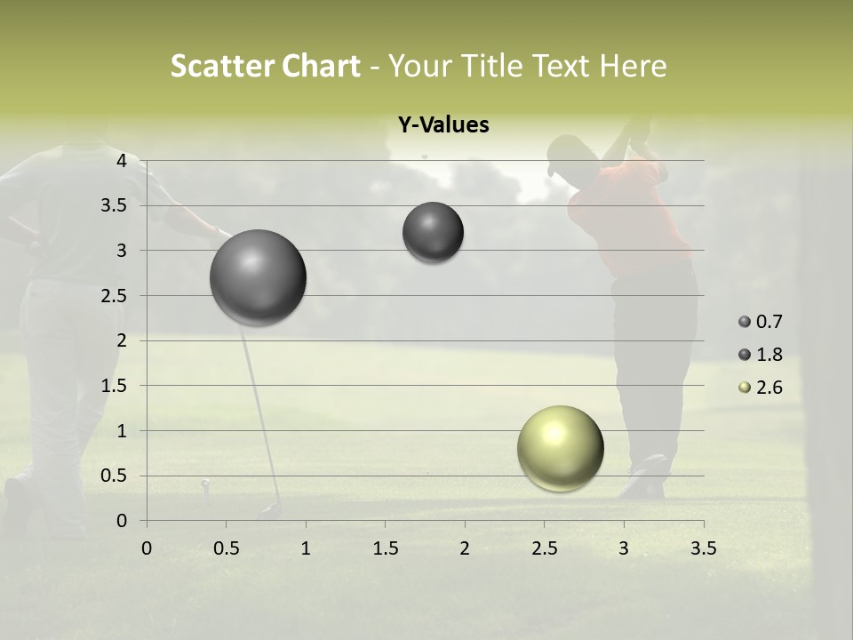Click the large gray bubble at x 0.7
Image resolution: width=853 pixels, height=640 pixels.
point(259,277)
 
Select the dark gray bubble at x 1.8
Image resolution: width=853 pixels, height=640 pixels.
point(433,232)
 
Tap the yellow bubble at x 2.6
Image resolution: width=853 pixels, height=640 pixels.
point(560,448)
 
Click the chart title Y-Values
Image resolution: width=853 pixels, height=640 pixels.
point(442,125)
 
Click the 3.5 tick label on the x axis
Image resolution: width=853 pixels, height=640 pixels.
point(703,548)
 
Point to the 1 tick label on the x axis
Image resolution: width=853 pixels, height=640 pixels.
point(306,548)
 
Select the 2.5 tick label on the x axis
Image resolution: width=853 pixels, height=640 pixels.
point(544,548)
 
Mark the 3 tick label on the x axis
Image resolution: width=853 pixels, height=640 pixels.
point(624,548)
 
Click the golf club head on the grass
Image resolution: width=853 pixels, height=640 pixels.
point(270,511)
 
